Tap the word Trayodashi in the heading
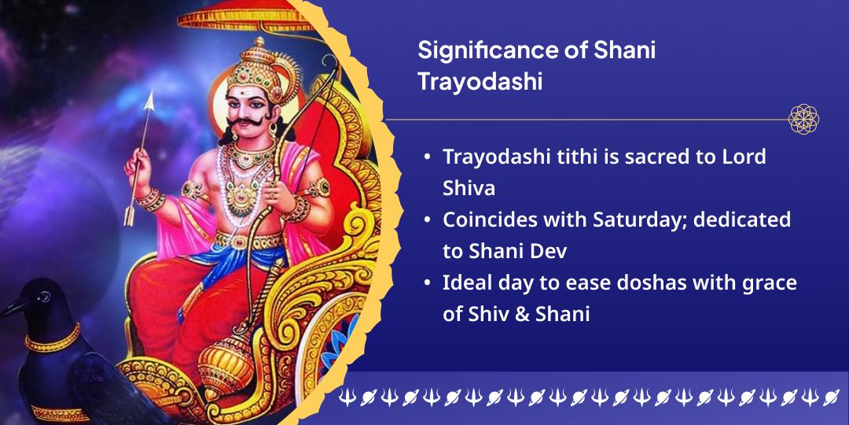pyautogui.click(x=480, y=83)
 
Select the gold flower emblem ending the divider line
pyautogui.click(x=803, y=120)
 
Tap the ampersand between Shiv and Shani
pyautogui.click(x=522, y=314)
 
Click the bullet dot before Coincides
pyautogui.click(x=428, y=220)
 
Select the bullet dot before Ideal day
pyautogui.click(x=428, y=283)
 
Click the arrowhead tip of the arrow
pyautogui.click(x=150, y=92)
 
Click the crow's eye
pyautogui.click(x=44, y=296)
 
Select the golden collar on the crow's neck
pyautogui.click(x=53, y=338)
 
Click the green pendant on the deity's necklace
pyautogui.click(x=243, y=194)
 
